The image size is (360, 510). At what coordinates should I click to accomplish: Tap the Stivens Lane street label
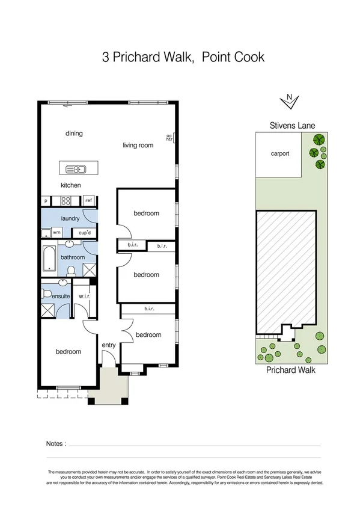pos(291,126)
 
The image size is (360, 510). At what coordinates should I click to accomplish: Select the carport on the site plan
pos(279,155)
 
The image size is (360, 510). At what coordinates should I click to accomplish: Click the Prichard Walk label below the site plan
pos(290,370)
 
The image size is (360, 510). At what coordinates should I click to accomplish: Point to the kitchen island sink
pos(73,168)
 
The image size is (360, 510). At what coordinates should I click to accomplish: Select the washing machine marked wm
pos(56,232)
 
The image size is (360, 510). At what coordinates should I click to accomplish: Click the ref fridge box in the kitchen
pos(88,201)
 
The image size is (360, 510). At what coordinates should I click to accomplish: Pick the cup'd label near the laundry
pos(84,232)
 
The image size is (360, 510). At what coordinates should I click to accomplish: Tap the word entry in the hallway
pos(109,345)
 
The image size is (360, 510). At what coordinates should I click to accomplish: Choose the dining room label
pos(74,134)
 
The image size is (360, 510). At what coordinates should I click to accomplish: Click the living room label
pos(138,145)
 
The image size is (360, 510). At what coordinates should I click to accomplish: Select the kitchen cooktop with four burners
pos(67,201)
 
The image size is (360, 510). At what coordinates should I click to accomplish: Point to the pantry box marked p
pos(46,201)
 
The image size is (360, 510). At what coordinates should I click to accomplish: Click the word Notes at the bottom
pos(55,444)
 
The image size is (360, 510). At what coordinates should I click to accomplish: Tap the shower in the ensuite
pos(48,310)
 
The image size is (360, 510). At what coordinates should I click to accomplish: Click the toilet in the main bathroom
pos(70,271)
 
